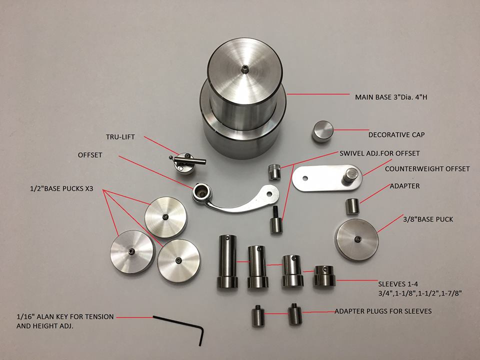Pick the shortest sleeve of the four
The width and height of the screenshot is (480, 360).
[322, 276]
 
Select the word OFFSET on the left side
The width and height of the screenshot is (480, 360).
[89, 155]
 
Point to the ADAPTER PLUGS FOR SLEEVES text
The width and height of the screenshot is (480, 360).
[382, 311]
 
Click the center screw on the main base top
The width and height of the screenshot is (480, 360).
[243, 68]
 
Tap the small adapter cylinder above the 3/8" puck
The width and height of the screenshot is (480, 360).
[353, 206]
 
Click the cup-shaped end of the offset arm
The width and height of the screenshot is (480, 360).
[202, 191]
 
